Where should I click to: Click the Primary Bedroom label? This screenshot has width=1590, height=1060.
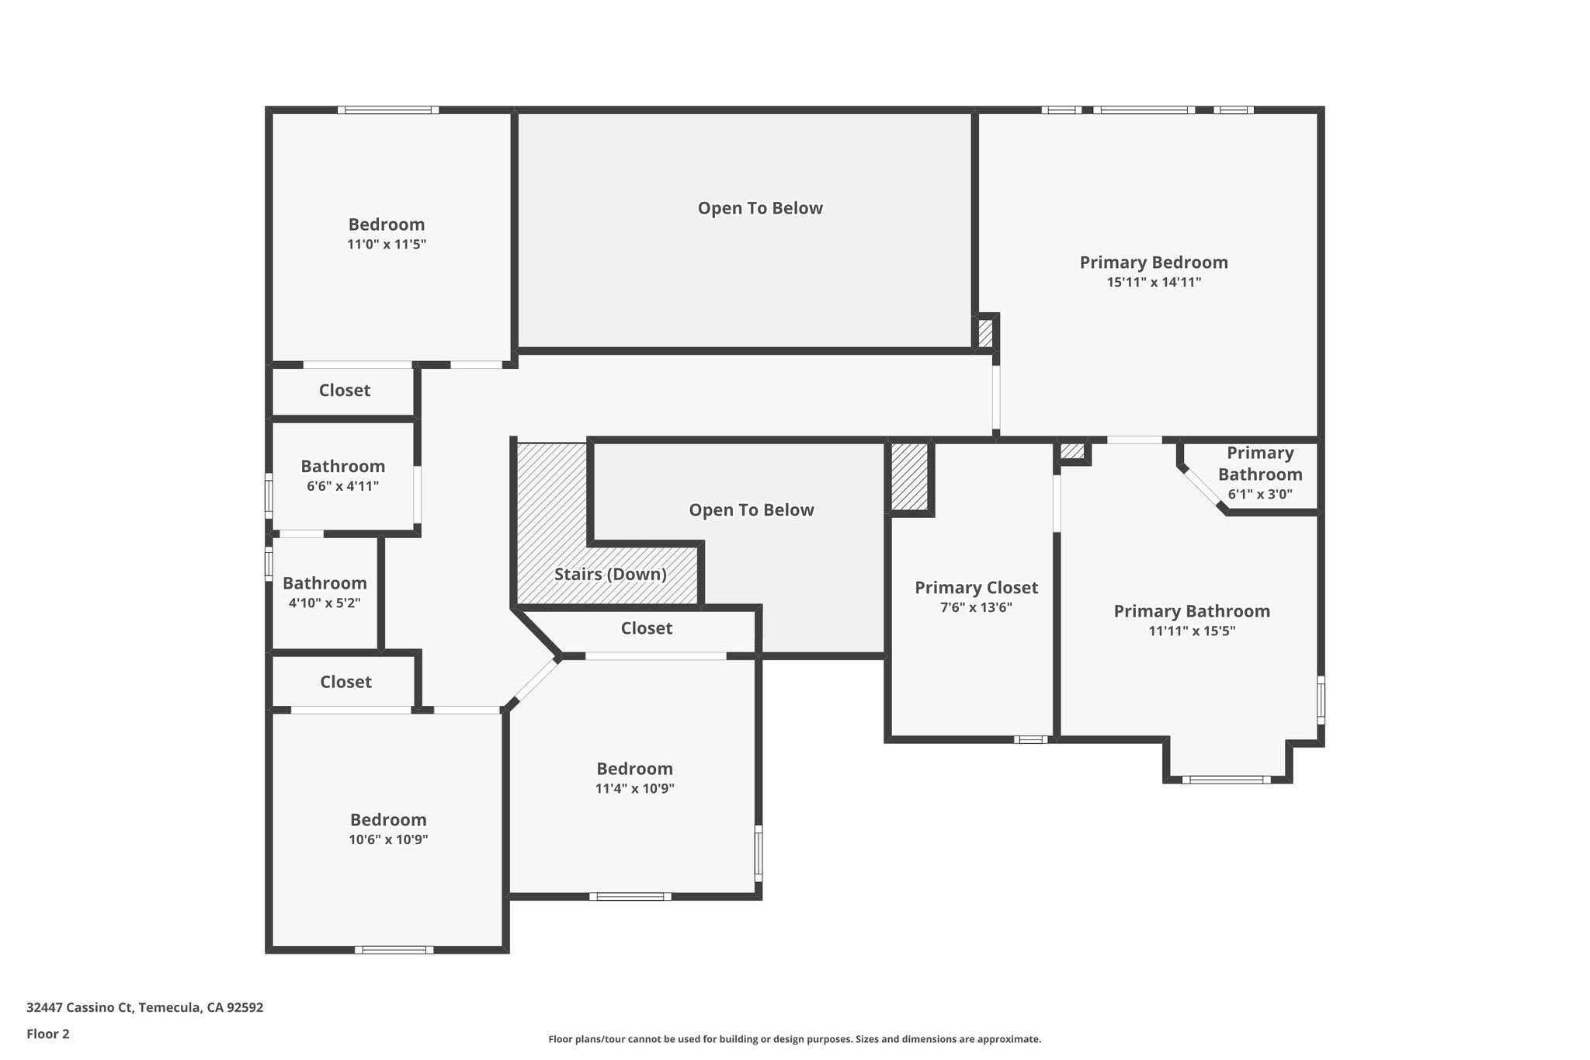click(x=1154, y=262)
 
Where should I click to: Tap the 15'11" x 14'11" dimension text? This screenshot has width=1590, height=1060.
click(x=1154, y=283)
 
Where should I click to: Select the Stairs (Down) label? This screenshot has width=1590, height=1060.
click(x=610, y=575)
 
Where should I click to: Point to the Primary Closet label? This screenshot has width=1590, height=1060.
click(x=976, y=588)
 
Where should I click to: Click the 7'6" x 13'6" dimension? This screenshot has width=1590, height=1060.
click(x=976, y=608)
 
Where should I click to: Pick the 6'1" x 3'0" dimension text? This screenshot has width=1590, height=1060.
click(x=1260, y=494)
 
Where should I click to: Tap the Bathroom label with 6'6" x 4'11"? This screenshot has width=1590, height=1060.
click(x=342, y=467)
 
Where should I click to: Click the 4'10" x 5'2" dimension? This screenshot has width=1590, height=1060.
click(x=325, y=603)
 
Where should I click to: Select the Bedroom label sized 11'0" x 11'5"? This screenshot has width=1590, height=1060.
click(x=387, y=224)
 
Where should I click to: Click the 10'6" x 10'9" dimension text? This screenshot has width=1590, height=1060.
click(x=388, y=839)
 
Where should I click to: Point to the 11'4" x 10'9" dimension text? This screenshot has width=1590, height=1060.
click(x=634, y=788)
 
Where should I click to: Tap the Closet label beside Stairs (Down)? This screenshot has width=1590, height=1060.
click(x=646, y=628)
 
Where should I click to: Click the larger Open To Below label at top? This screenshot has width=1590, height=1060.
click(x=760, y=208)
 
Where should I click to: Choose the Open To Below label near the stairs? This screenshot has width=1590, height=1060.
click(x=752, y=510)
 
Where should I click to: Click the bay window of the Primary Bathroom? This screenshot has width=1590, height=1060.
click(x=1226, y=779)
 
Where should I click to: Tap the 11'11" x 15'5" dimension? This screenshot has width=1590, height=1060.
click(x=1192, y=631)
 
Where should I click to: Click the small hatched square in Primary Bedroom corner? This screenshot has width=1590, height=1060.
click(x=985, y=334)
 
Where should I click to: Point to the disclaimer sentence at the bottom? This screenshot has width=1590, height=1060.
click(x=794, y=1039)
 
